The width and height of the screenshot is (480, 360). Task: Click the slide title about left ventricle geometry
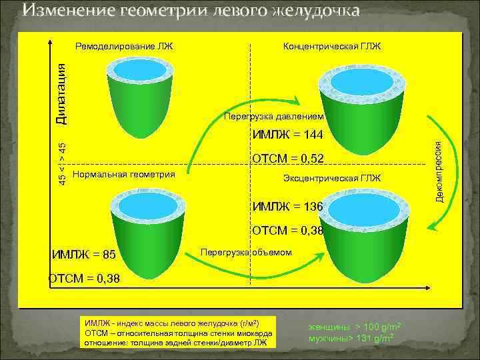tap(191, 11)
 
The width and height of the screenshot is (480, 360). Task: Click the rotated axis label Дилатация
tap(61, 93)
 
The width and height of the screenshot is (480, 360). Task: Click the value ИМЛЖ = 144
tap(287, 135)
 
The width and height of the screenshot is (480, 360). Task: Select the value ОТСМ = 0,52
tap(287, 159)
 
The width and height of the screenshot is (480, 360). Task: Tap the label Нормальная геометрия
tap(123, 175)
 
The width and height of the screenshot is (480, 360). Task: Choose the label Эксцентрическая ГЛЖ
tap(332, 179)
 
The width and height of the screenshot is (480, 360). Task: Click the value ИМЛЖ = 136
tap(287, 207)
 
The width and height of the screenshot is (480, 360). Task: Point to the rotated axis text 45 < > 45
tap(61, 164)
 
